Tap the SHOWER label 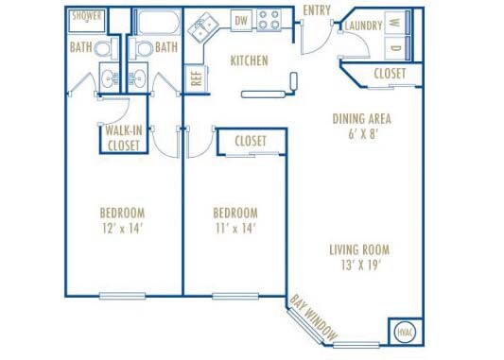[x=87, y=16]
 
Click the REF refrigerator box [x=197, y=78]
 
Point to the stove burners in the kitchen [x=269, y=20]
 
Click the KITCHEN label [x=250, y=60]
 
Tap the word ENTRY [x=317, y=10]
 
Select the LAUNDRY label [x=363, y=25]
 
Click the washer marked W [x=394, y=23]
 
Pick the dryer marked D [x=394, y=47]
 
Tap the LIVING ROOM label [x=359, y=250]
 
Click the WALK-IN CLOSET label [x=123, y=139]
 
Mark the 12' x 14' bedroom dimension [x=122, y=228]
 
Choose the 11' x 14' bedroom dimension [x=235, y=228]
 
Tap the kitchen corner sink [x=200, y=30]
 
